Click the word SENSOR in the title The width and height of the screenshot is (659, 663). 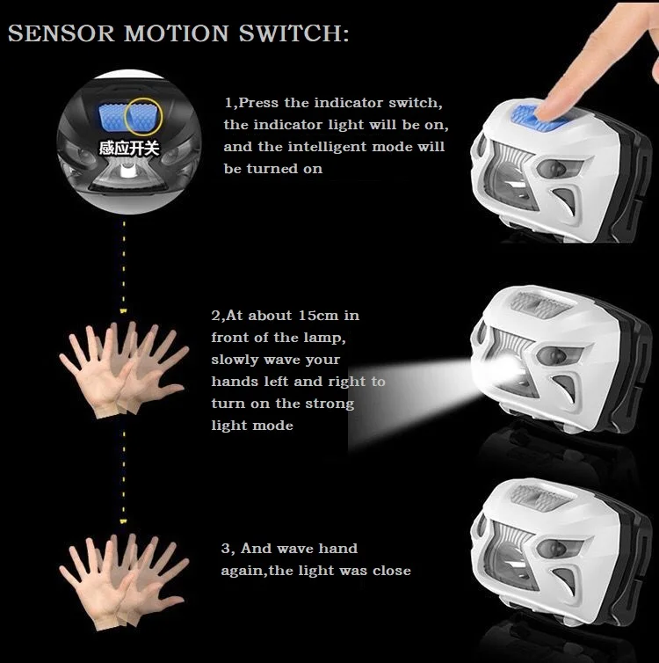tap(62, 33)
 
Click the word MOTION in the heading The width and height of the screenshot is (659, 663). tap(177, 33)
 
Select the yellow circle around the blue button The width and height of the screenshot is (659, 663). tap(143, 116)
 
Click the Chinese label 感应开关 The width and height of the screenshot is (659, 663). tap(129, 149)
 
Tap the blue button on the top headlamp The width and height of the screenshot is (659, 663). tap(538, 119)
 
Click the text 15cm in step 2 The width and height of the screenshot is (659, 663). tap(318, 316)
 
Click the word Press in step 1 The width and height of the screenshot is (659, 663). tap(258, 103)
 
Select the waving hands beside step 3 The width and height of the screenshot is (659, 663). tap(124, 582)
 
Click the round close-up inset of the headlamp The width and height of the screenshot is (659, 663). tap(129, 142)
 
